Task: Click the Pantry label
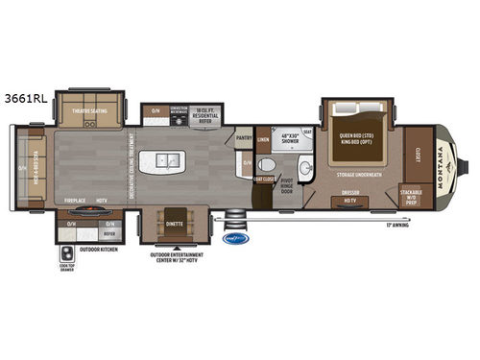coord(244,138)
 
